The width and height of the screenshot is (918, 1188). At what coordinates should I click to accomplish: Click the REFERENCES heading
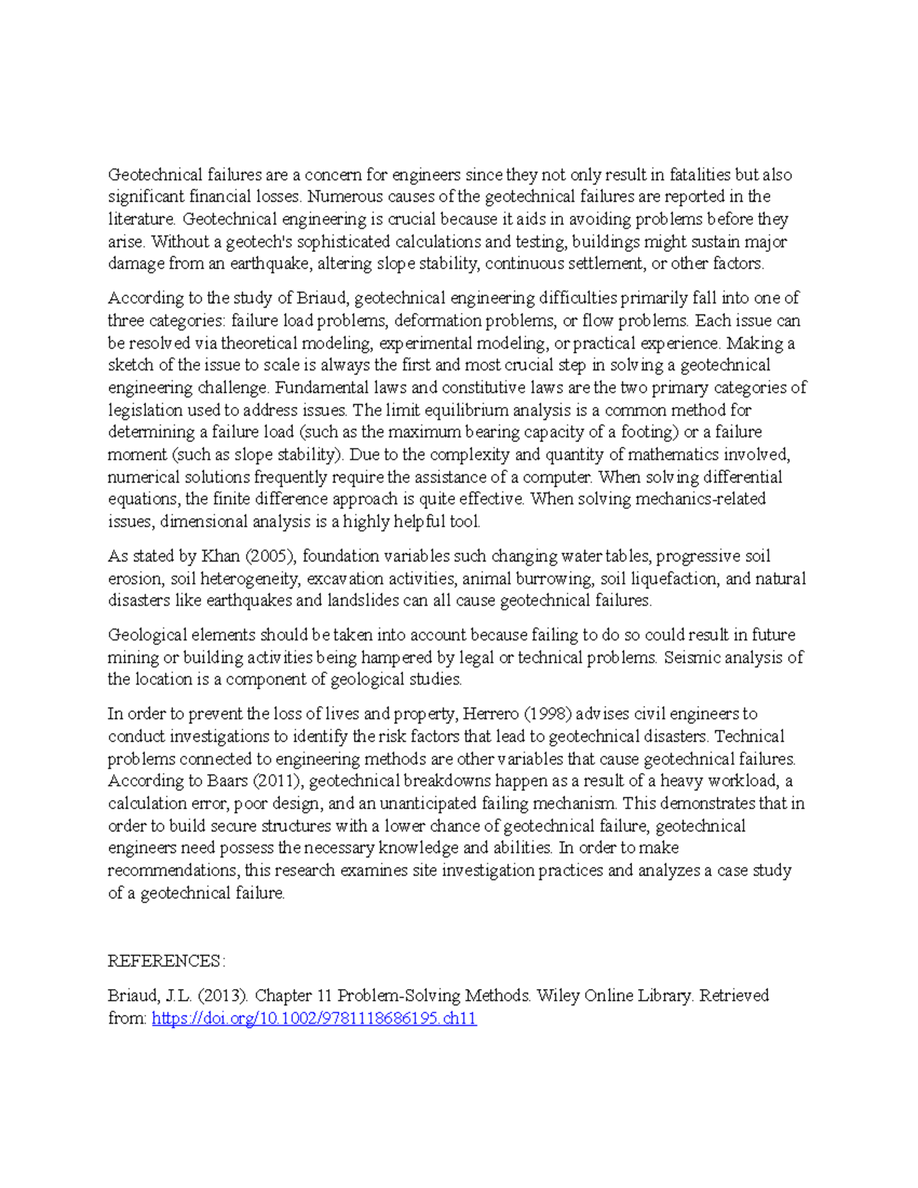(x=166, y=962)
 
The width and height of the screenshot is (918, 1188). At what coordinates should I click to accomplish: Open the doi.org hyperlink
(x=314, y=1018)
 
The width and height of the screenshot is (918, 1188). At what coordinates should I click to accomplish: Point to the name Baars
(x=227, y=781)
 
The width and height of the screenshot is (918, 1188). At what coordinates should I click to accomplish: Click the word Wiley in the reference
(x=557, y=996)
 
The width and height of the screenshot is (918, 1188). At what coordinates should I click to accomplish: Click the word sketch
(x=130, y=365)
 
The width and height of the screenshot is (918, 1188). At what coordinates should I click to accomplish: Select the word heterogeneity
(x=249, y=579)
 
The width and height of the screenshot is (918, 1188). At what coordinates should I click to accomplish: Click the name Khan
(x=221, y=556)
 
